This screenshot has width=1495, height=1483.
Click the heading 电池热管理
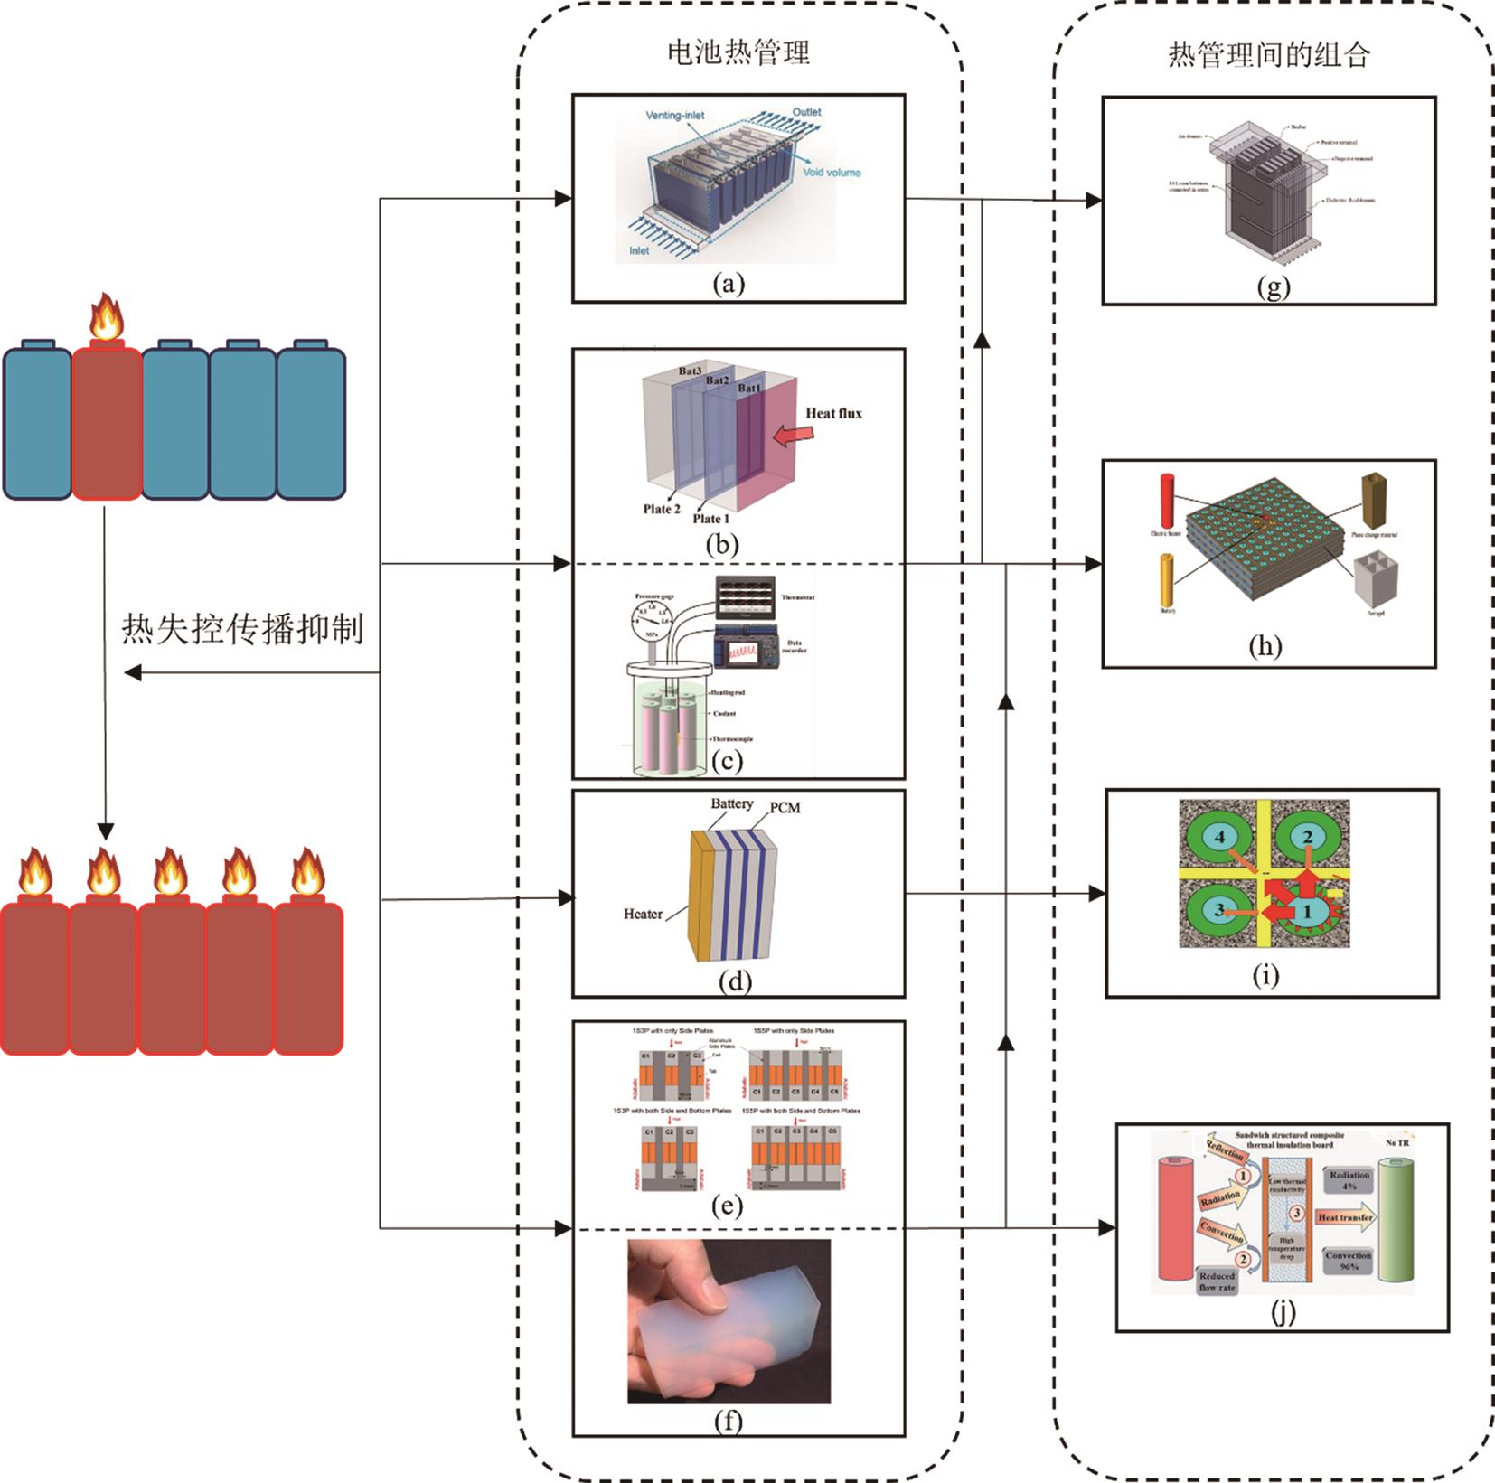pos(738,52)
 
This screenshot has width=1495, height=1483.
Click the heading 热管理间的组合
pos(1268,55)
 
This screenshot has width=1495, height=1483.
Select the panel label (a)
pos(729,285)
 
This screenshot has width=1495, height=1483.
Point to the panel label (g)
pos(1273,287)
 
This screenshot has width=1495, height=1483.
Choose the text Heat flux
pos(833,414)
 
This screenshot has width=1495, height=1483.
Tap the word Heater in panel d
pos(643,914)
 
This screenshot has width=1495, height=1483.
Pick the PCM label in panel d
pos(784,808)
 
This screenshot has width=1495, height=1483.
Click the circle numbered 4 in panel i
pos(1219,838)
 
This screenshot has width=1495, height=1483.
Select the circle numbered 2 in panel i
pos(1307,838)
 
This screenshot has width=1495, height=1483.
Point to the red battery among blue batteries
pos(107,423)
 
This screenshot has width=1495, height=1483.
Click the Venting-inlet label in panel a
pos(675,116)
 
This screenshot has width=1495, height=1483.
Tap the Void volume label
pos(832,172)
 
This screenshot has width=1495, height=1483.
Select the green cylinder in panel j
pos(1393,1222)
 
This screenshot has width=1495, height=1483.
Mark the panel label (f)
pos(729,1422)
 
